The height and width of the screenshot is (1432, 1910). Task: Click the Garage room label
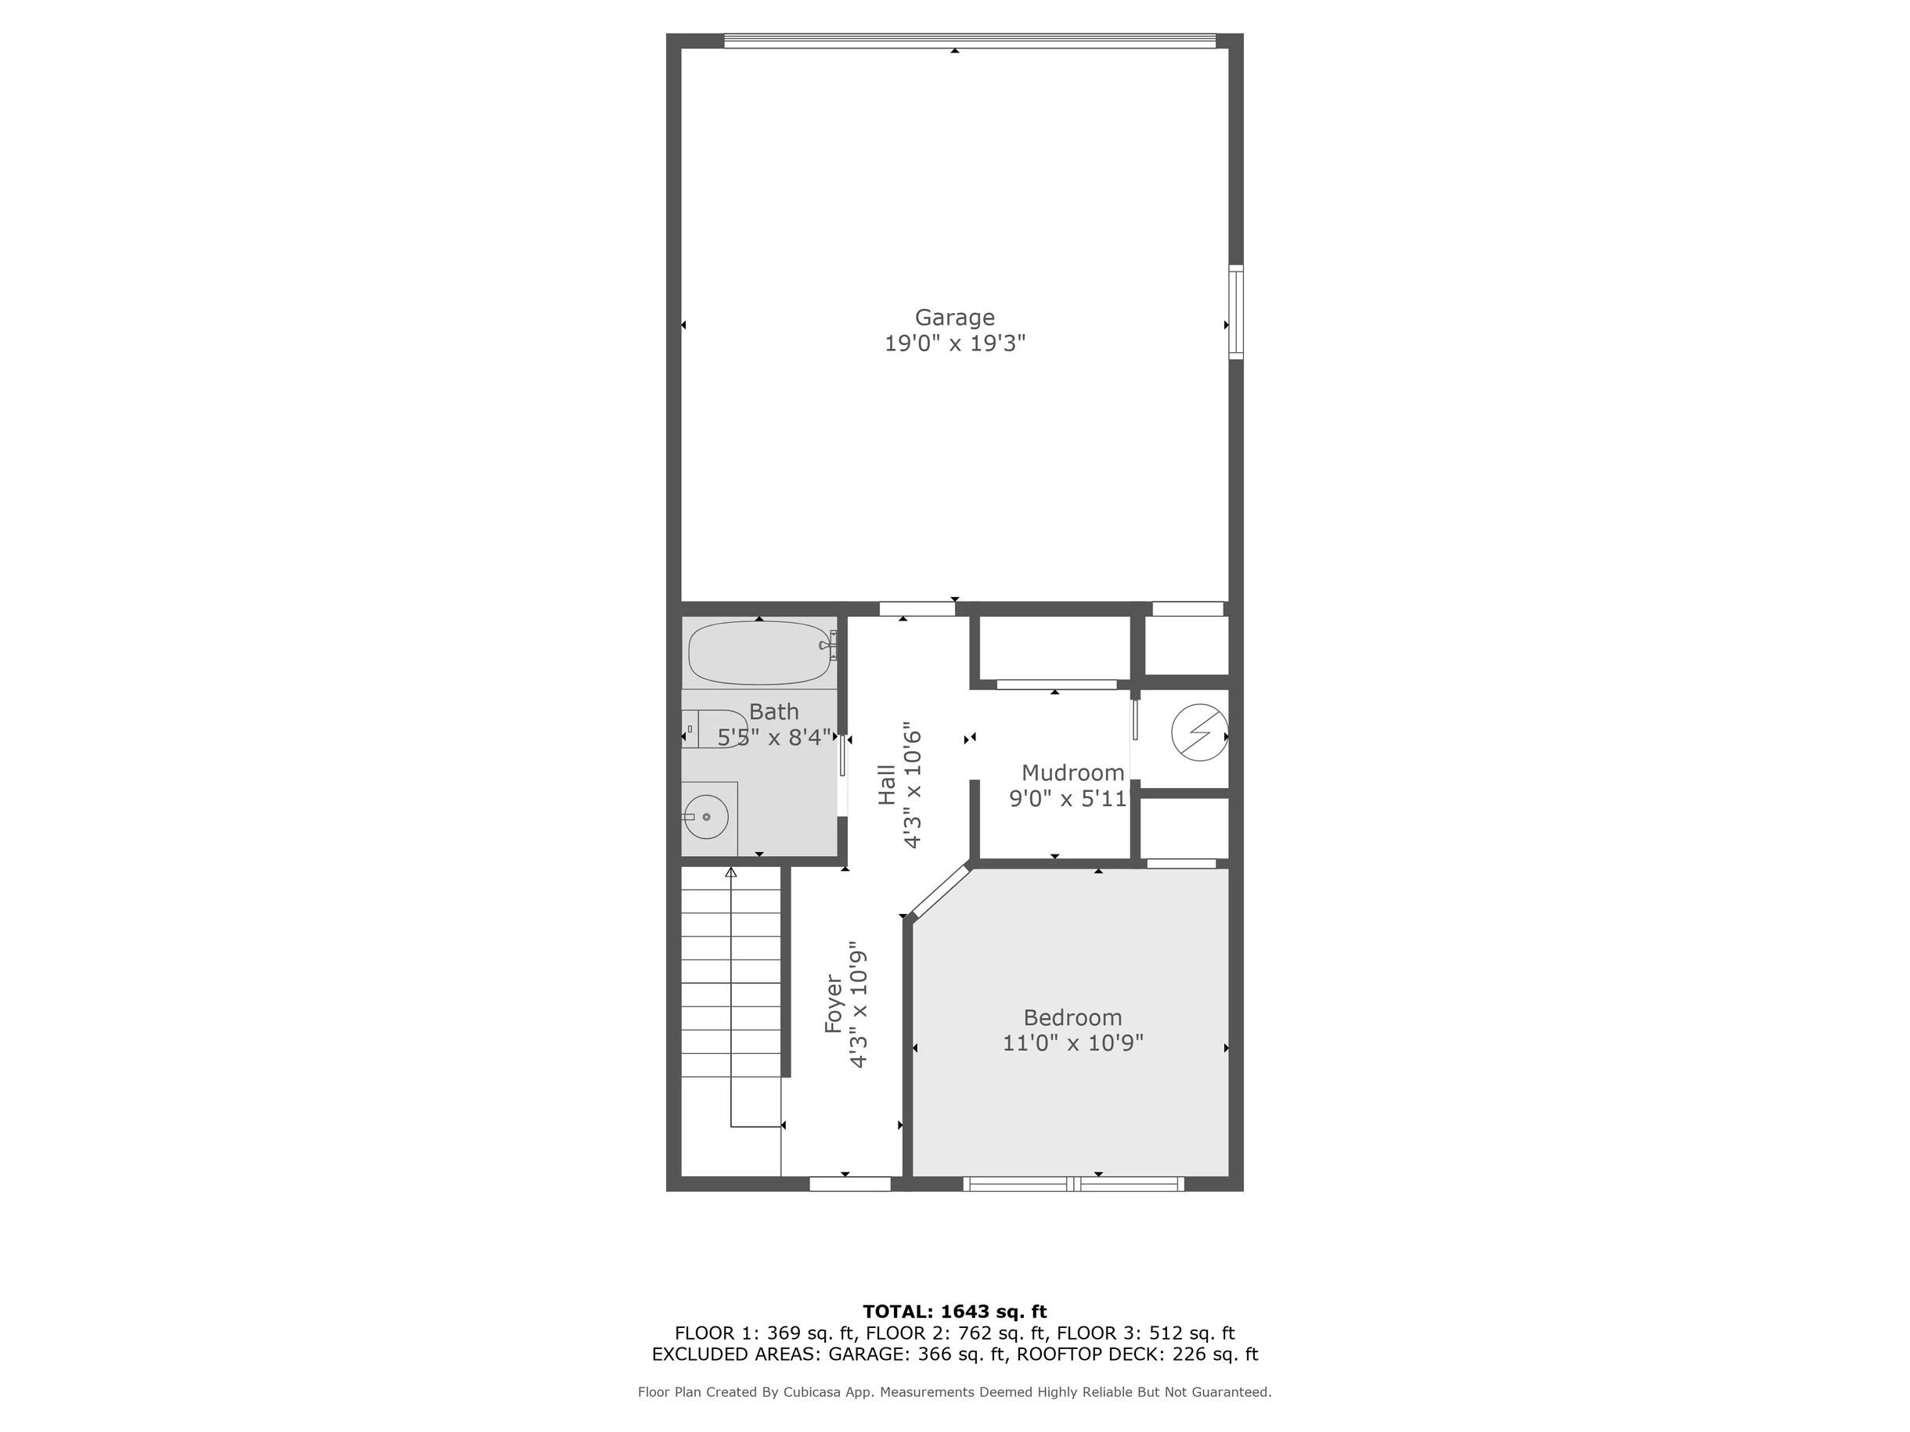pyautogui.click(x=954, y=318)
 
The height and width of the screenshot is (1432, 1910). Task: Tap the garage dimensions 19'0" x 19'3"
pyautogui.click(x=954, y=344)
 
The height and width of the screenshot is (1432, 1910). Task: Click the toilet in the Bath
pyautogui.click(x=713, y=729)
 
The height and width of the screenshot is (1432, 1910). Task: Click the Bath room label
pyautogui.click(x=773, y=712)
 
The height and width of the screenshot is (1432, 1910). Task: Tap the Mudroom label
pyautogui.click(x=1072, y=772)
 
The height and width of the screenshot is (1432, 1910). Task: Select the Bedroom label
pyautogui.click(x=1072, y=1018)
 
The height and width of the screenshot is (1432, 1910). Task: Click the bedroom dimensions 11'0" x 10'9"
pyautogui.click(x=1072, y=1044)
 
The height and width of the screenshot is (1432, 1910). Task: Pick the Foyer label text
pyautogui.click(x=833, y=1004)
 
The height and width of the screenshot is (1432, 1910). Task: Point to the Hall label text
pyautogui.click(x=887, y=786)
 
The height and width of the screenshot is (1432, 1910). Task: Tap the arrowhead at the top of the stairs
pyautogui.click(x=730, y=873)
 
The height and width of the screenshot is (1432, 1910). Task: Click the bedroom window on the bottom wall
pyautogui.click(x=1073, y=1184)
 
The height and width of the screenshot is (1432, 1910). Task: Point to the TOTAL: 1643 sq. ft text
pyautogui.click(x=954, y=1312)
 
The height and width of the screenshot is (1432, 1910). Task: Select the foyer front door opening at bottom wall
pyautogui.click(x=849, y=1184)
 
